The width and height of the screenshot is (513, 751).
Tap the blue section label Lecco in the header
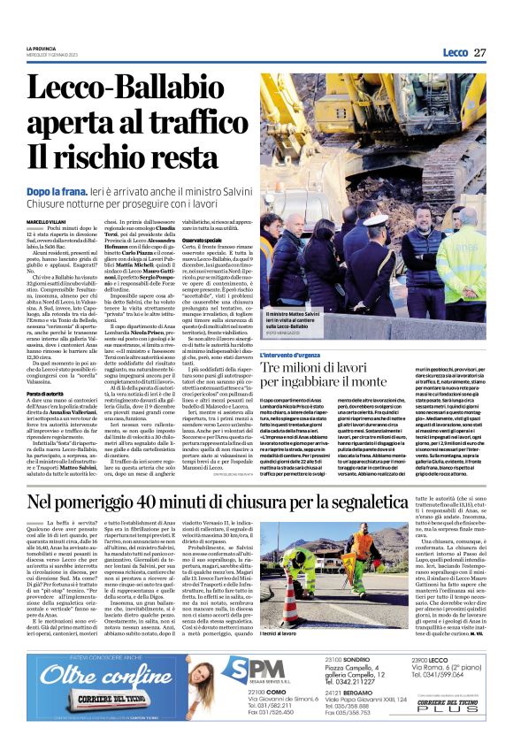pos(456,53)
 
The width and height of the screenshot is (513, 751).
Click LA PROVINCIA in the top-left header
pos(41,47)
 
